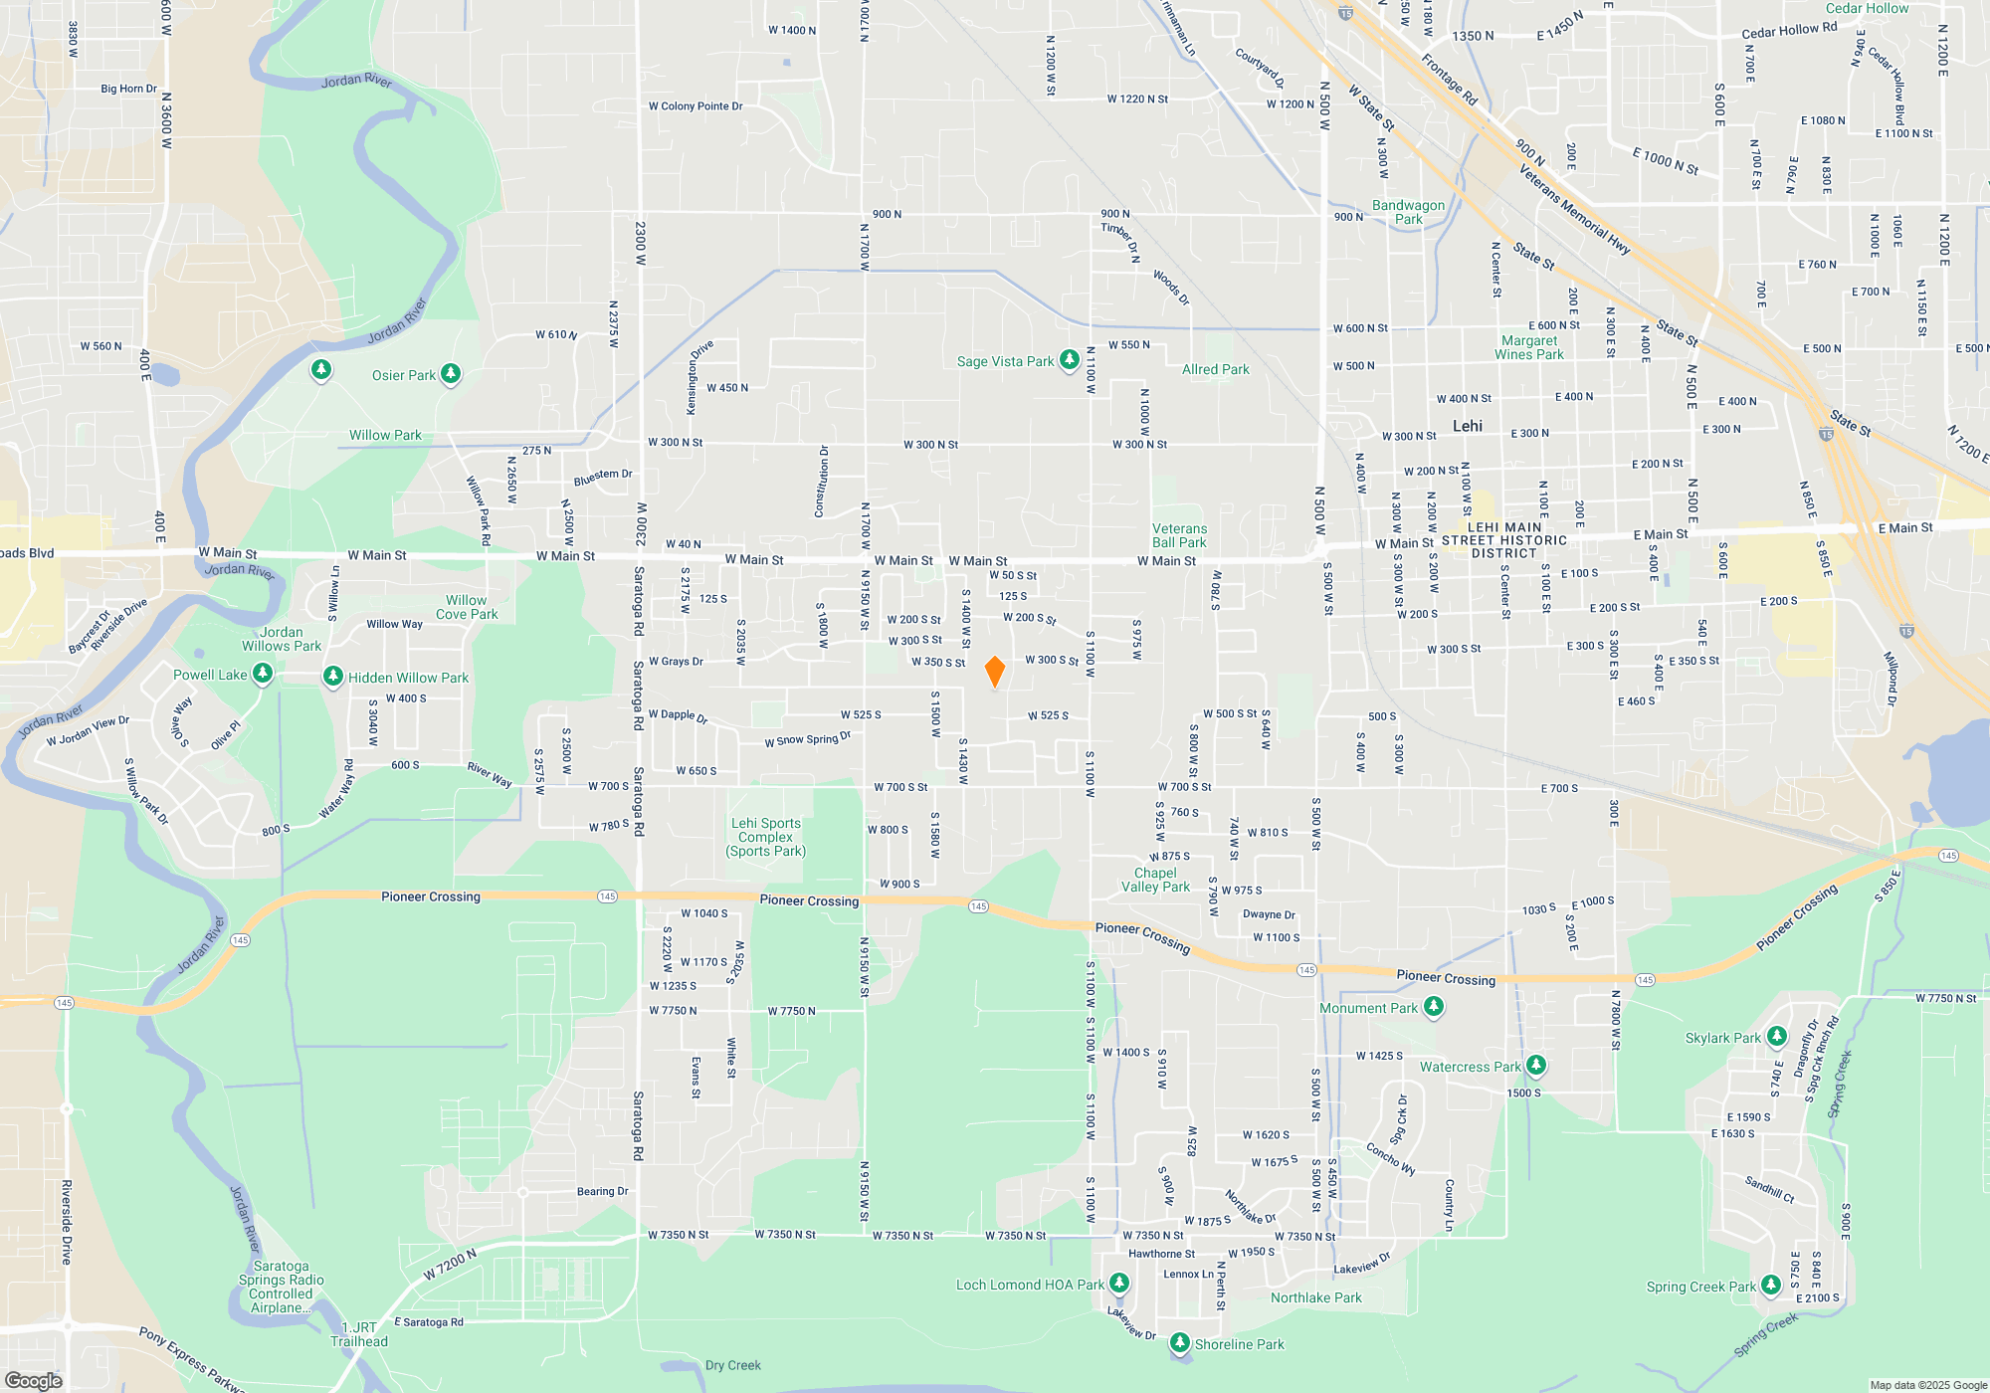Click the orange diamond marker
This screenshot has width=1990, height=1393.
click(x=994, y=672)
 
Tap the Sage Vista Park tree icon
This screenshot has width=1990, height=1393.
click(x=1069, y=359)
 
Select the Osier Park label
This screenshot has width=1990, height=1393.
click(x=403, y=375)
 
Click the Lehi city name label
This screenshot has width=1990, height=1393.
click(x=1467, y=426)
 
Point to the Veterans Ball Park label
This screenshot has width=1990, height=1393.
click(x=1179, y=536)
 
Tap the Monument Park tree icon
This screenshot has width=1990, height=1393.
click(x=1433, y=1007)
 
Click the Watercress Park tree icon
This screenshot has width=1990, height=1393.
click(x=1535, y=1065)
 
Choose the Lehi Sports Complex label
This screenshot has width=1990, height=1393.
click(x=765, y=837)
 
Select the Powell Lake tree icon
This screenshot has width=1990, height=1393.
click(x=263, y=674)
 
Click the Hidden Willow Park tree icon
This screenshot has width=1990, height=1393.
click(x=333, y=677)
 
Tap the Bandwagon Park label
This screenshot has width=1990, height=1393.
click(x=1408, y=212)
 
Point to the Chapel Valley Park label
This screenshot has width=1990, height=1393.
click(x=1155, y=880)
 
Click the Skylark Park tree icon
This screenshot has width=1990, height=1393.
click(x=1776, y=1037)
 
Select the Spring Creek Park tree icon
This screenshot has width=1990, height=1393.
click(x=1770, y=1285)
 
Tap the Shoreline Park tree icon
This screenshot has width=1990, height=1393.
click(x=1179, y=1343)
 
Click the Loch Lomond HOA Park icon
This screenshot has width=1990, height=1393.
click(x=1119, y=1284)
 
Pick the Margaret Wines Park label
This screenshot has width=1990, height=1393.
click(x=1529, y=347)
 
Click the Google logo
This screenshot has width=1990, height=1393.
click(x=33, y=1380)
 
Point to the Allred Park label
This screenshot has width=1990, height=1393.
click(x=1215, y=369)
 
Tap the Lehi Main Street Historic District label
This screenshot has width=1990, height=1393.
click(x=1503, y=540)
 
